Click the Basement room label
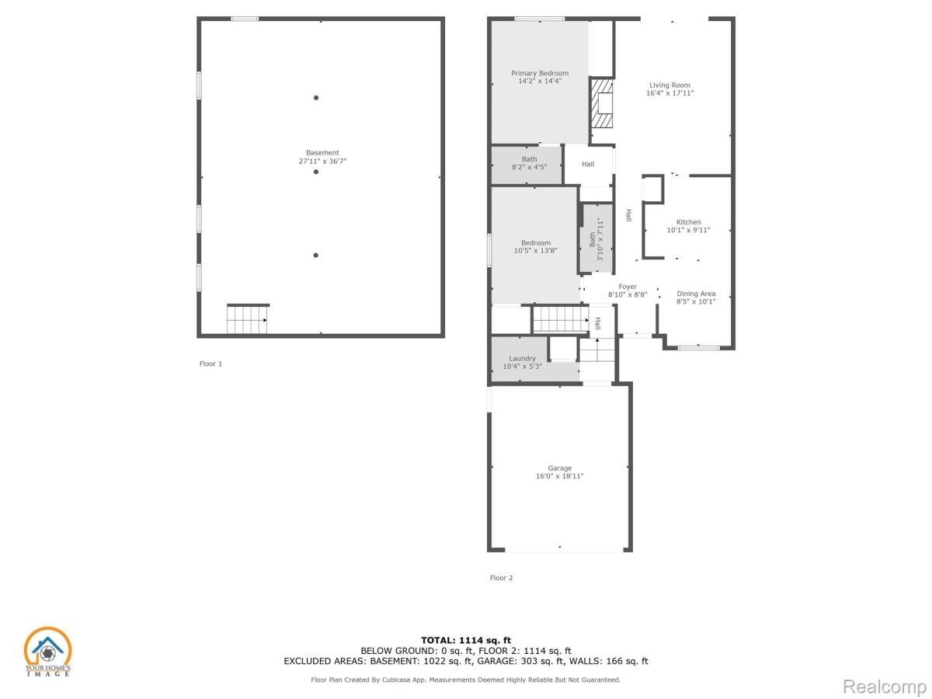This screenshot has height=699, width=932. [x=322, y=153]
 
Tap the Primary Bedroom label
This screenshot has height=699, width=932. [x=539, y=73]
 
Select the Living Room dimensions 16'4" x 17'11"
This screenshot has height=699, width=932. [x=669, y=93]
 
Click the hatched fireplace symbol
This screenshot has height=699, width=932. [x=602, y=103]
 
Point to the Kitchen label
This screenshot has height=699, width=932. [x=688, y=222]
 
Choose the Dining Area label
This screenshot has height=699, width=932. [x=695, y=294]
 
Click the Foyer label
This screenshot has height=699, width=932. [x=628, y=287]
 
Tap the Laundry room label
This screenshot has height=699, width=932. [x=522, y=358]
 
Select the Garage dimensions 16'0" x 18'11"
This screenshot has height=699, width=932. [x=559, y=476]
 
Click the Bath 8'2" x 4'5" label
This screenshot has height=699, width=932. [x=528, y=166]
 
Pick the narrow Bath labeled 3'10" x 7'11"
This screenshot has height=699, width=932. [x=596, y=239]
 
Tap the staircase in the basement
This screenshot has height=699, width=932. [x=247, y=319]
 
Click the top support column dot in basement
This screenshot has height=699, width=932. [x=316, y=98]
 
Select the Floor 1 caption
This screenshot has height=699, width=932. [x=210, y=363]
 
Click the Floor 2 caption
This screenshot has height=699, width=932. [x=501, y=578]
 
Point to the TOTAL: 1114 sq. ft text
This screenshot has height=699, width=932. [x=466, y=640]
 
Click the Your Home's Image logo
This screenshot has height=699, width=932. [x=47, y=652]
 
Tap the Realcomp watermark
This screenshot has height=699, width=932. [x=884, y=687]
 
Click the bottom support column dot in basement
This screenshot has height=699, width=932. [x=316, y=255]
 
